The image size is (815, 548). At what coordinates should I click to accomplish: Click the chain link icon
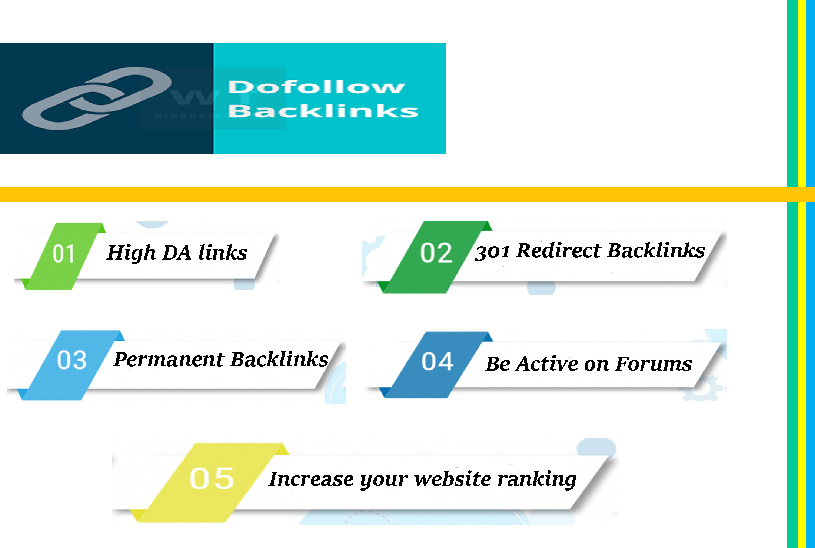point(96,98)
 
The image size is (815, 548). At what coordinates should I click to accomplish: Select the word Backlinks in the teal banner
point(323,111)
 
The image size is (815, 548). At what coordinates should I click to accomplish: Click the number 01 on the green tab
point(64,254)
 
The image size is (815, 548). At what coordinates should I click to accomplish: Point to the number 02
point(436,254)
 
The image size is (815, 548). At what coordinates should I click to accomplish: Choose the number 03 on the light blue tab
point(71,360)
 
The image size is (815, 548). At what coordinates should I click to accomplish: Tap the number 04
point(437,362)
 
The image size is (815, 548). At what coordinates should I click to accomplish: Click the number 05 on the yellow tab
point(212,479)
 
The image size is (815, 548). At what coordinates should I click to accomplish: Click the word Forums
point(654,364)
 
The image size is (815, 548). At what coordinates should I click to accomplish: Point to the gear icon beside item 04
point(702,389)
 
